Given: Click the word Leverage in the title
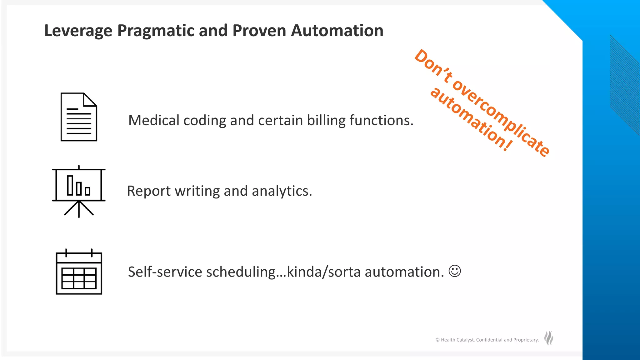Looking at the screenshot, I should (78, 31).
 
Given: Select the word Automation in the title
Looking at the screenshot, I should (337, 31).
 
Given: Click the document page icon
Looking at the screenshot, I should (79, 117).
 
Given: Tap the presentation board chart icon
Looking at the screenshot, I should (79, 191).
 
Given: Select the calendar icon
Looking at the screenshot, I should (79, 272).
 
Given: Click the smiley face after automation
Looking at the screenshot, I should (455, 271).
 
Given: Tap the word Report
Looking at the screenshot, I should (149, 191).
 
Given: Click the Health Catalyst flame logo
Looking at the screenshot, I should (549, 338).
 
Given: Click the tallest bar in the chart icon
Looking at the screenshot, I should (70, 185).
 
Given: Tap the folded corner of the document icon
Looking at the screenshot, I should (90, 99).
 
